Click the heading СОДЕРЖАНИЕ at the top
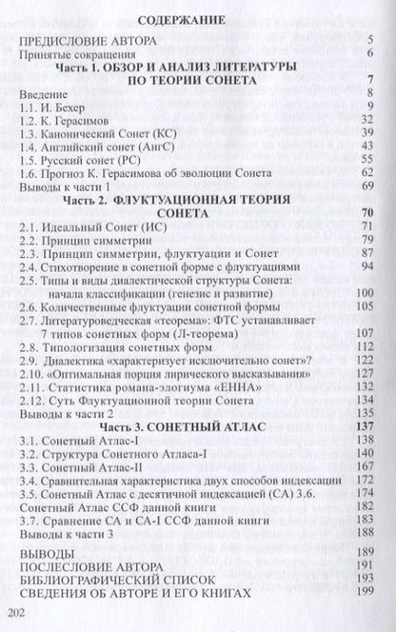(x=197, y=18)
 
